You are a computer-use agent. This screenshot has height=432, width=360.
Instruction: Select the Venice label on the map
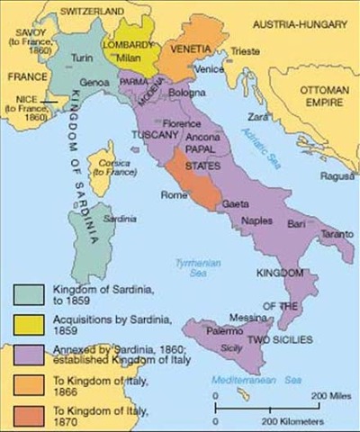(208, 69)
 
